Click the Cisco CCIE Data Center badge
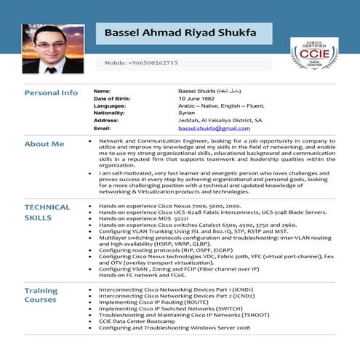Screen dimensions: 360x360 pos(313,54)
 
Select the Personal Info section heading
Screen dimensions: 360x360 pos(51,93)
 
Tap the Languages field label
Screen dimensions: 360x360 pos(110,105)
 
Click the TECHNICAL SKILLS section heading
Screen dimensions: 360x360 pos(47,212)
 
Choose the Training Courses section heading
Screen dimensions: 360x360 pos(41,296)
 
